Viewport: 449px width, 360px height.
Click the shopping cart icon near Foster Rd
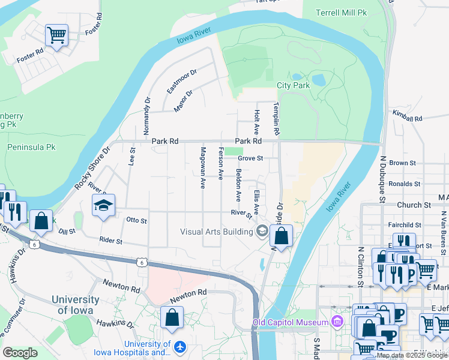point(56,35)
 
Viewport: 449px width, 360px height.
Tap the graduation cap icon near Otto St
point(103,206)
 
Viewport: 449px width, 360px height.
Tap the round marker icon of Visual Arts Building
point(262,231)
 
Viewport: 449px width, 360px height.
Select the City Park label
point(293,86)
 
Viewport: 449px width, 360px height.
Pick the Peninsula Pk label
point(31,147)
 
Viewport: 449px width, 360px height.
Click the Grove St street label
point(250,158)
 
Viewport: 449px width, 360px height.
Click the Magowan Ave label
point(203,167)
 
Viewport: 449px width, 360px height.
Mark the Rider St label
point(111,241)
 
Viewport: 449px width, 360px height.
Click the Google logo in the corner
point(20,352)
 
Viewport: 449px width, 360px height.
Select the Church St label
point(414,205)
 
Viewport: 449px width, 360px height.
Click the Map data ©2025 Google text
point(411,355)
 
